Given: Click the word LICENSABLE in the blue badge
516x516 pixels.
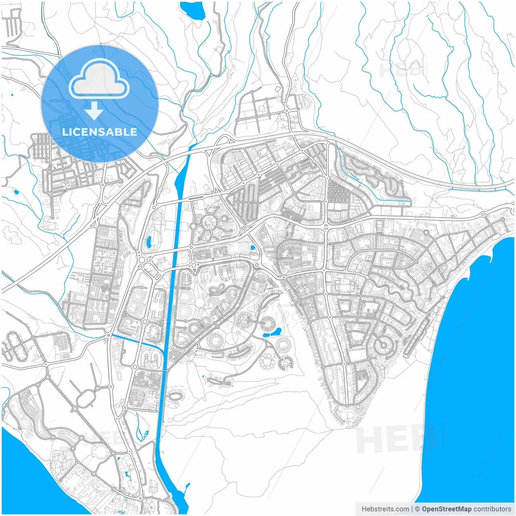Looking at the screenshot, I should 100,132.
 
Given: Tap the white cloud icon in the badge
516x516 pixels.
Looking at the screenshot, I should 99,79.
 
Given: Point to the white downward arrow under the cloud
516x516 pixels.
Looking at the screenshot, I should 94,110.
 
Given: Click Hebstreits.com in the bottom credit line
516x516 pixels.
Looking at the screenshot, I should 385,509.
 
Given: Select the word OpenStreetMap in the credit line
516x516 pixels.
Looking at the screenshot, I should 446,509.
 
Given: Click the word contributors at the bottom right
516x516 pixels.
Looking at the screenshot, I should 492,509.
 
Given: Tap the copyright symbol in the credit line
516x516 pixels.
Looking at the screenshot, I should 417,509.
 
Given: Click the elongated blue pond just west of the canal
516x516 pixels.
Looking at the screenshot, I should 149,242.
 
